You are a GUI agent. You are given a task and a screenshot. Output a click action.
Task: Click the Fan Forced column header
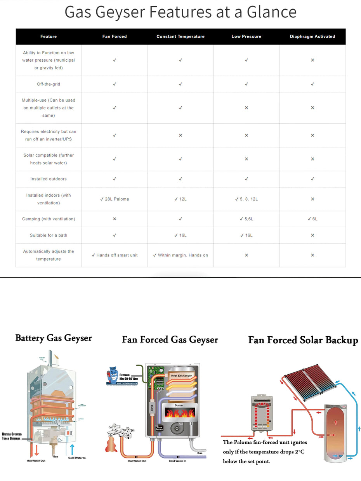(x=115, y=36)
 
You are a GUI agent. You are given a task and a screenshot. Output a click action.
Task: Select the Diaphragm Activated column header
(x=312, y=36)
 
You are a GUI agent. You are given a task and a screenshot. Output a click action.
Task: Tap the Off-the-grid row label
(x=49, y=84)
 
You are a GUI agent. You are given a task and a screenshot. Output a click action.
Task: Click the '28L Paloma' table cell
(x=115, y=199)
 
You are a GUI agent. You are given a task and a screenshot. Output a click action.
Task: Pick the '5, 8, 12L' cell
(x=246, y=199)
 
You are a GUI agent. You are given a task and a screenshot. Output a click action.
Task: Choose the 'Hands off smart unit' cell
(x=115, y=255)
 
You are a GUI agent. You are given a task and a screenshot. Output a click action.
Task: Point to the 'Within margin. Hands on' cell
(x=180, y=255)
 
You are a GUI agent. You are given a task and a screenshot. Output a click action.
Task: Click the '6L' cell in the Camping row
(x=312, y=219)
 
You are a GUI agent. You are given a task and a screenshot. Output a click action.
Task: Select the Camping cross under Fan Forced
(x=115, y=219)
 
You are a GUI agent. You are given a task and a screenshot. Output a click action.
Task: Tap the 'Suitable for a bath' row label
(x=49, y=235)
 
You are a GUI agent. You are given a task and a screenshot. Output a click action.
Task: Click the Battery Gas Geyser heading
(x=54, y=338)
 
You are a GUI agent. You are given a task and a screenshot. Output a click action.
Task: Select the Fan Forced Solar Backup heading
(x=303, y=340)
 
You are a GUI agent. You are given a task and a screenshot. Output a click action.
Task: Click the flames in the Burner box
(x=180, y=414)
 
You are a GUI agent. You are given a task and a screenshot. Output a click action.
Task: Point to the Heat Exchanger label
(x=181, y=376)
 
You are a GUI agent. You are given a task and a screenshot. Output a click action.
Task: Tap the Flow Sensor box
(x=159, y=429)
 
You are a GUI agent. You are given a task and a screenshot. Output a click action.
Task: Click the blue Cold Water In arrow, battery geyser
(x=72, y=450)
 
